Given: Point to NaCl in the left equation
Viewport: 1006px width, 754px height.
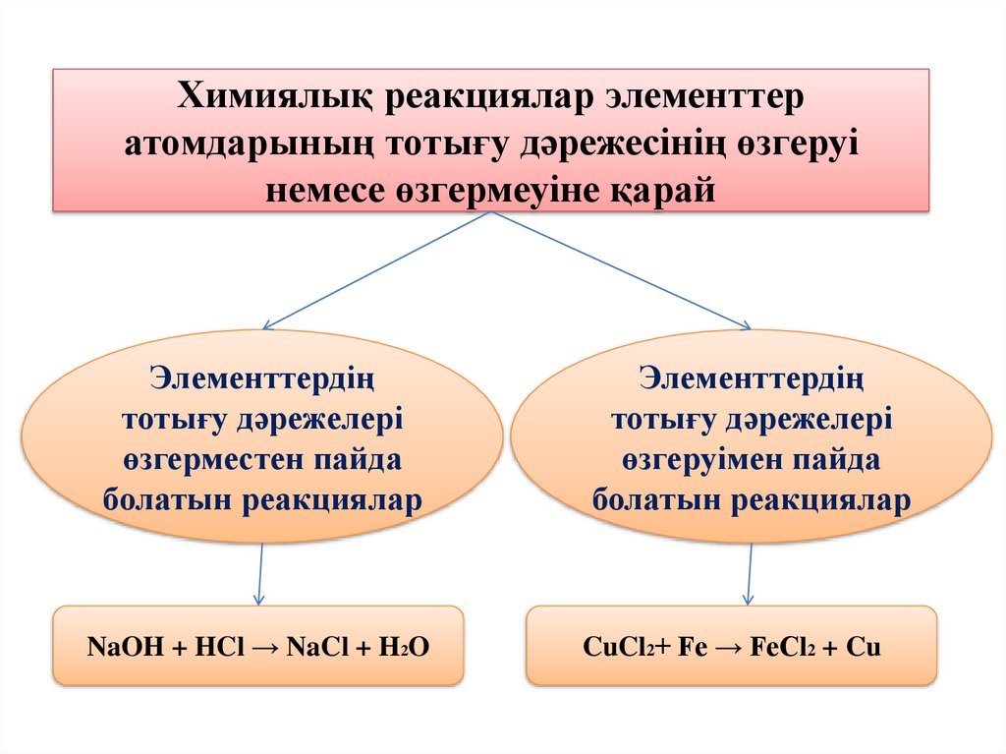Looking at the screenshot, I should [x=313, y=647].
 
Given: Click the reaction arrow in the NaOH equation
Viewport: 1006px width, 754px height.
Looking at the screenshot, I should [x=263, y=647].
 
